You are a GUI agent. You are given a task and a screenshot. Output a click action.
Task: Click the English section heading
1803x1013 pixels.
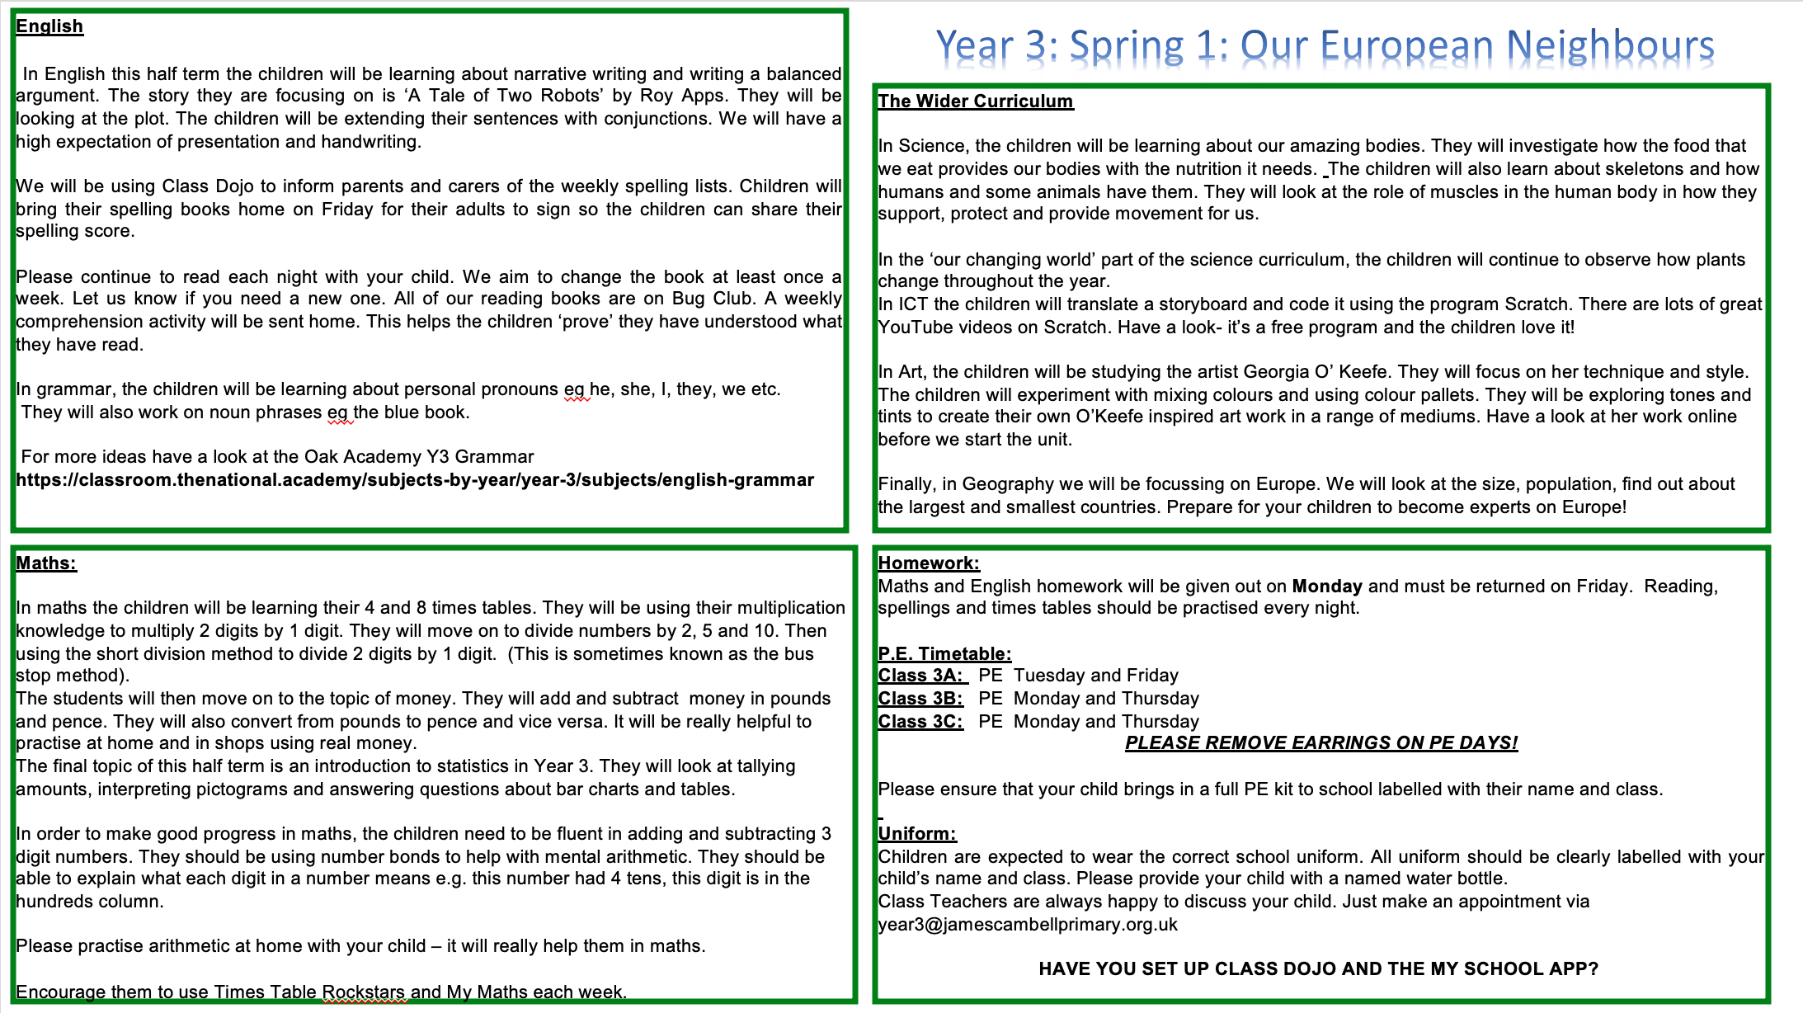click(x=49, y=26)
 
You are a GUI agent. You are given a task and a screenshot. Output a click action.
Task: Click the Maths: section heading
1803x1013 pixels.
click(x=46, y=563)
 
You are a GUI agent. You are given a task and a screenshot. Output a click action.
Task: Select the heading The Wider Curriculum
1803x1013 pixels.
click(x=975, y=101)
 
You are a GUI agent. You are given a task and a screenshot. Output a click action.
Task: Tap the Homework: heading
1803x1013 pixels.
click(x=929, y=563)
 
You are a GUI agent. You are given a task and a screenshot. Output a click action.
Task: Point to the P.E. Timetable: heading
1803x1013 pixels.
click(x=944, y=654)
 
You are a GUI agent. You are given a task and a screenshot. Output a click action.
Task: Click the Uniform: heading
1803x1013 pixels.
click(x=917, y=834)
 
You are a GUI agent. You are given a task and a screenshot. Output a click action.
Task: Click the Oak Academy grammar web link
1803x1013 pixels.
click(x=415, y=480)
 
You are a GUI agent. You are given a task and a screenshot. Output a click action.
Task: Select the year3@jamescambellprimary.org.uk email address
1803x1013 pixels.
click(x=1028, y=925)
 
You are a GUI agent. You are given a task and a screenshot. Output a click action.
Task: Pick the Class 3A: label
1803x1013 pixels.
click(x=921, y=676)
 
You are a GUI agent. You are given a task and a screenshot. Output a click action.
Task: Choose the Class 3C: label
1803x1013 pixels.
click(x=921, y=722)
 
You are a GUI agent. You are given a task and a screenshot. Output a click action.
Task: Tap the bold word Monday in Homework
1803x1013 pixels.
click(x=1327, y=587)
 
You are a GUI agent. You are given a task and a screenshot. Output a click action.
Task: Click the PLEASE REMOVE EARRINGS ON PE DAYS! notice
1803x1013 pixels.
click(x=1321, y=743)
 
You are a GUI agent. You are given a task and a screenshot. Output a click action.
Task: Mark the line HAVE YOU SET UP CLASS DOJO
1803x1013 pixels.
click(x=1318, y=969)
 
